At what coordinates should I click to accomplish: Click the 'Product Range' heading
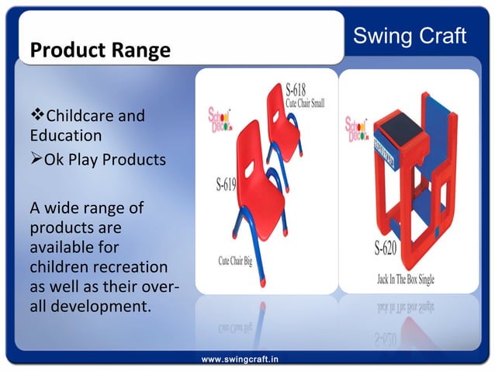pos(99,51)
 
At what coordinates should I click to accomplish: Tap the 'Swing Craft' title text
pos(410,35)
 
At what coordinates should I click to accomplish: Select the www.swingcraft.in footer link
pos(241,359)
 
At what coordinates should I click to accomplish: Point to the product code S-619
pos(227,185)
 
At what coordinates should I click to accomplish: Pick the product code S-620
pos(388,250)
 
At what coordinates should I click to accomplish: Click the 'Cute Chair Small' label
pos(305,102)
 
